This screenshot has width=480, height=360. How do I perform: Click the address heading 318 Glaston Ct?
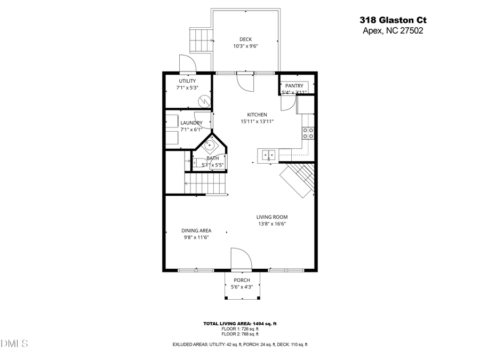coord(394,20)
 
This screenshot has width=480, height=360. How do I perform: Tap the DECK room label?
coord(245,39)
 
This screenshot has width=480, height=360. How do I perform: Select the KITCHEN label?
coord(257,115)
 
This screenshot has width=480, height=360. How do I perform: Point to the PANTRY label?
coord(294,86)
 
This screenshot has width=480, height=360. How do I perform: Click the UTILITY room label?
coord(187,81)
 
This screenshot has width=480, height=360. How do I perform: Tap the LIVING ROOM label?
coord(272,217)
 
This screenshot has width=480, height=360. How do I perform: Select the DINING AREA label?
coord(196,231)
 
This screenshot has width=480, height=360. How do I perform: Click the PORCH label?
coord(242,280)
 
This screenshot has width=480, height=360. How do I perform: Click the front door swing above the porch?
coord(241,260)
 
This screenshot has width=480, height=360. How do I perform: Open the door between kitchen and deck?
coord(246,82)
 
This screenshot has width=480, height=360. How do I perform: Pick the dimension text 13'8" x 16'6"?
coord(272,224)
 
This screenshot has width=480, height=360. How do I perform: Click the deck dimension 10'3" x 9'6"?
coord(245,46)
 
